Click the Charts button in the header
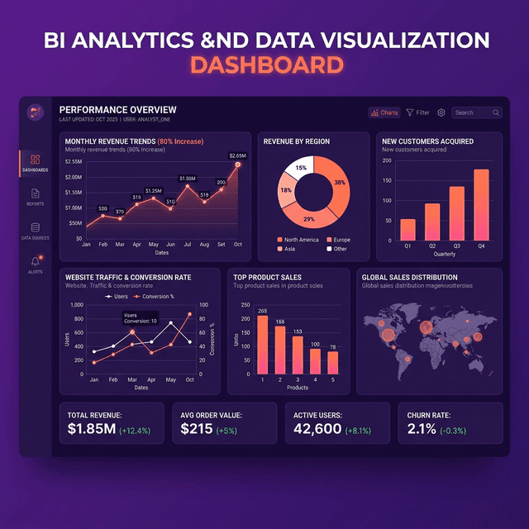point(384,112)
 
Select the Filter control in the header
point(417,112)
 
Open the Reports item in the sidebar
point(35,196)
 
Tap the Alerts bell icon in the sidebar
point(35,262)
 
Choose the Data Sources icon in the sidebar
point(35,228)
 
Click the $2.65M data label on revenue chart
point(238,155)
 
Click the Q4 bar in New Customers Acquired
point(481,204)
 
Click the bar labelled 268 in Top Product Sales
point(262,345)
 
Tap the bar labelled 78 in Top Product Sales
point(332,363)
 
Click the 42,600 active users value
point(317,429)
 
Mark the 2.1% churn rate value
point(422,429)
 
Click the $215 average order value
point(196,429)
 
